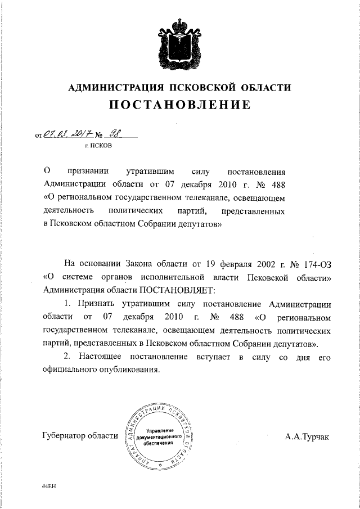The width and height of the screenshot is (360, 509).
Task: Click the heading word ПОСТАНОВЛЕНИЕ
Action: (x=179, y=105)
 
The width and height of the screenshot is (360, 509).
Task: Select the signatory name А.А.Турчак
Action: (x=308, y=436)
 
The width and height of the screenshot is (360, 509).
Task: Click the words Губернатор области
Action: (x=80, y=436)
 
